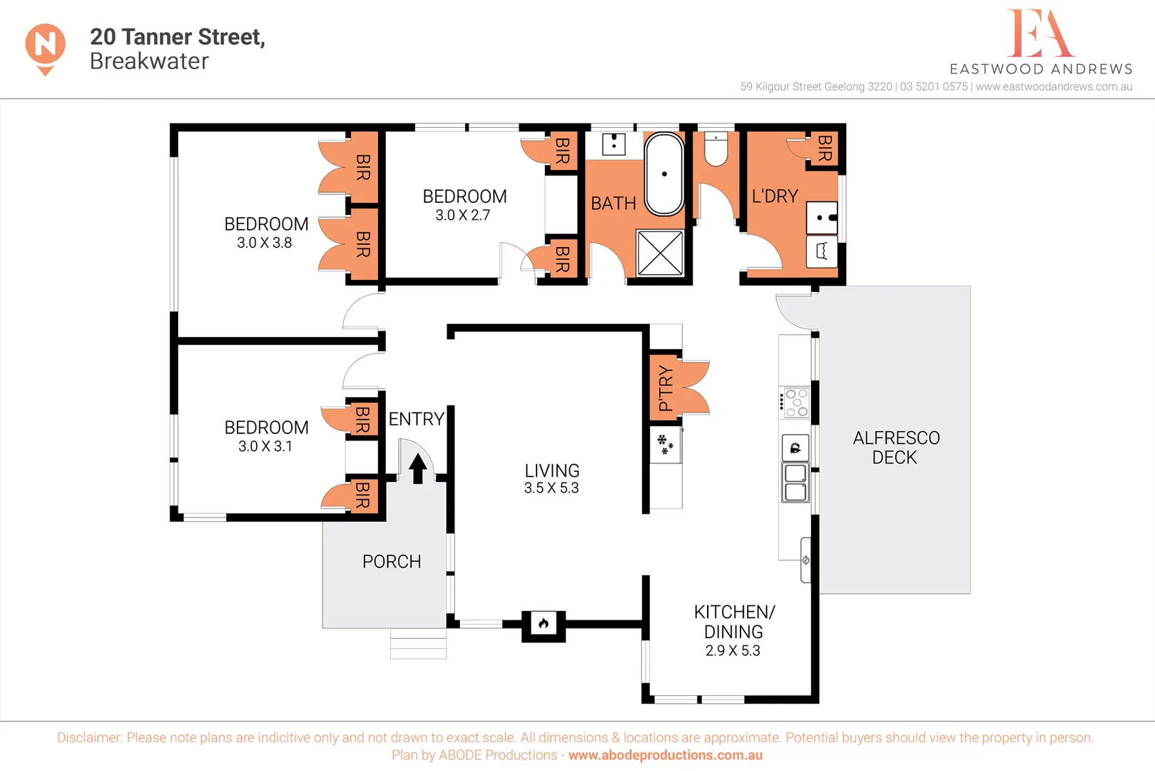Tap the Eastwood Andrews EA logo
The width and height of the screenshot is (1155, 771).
[x=1040, y=34]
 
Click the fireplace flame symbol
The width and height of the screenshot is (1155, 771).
[x=544, y=625]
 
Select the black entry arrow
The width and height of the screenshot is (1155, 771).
[x=418, y=468]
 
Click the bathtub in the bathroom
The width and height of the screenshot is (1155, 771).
[x=664, y=173]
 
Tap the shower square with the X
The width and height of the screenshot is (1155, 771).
[x=660, y=252]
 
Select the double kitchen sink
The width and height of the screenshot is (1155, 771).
[x=795, y=483]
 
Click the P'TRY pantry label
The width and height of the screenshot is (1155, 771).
[x=665, y=388]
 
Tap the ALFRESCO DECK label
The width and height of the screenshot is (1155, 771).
[x=896, y=448]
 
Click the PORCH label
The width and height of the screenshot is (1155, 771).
[x=392, y=562]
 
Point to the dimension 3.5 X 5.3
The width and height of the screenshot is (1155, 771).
[x=551, y=488]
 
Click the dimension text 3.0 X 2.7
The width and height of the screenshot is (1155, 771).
[x=463, y=215]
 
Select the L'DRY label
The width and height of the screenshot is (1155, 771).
[x=775, y=196]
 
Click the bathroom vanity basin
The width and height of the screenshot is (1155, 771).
[x=614, y=143]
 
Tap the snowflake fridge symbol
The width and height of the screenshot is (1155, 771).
[x=665, y=444]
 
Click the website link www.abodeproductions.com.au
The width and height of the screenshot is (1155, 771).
[x=665, y=755]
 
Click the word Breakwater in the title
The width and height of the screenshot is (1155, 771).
[x=149, y=61]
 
